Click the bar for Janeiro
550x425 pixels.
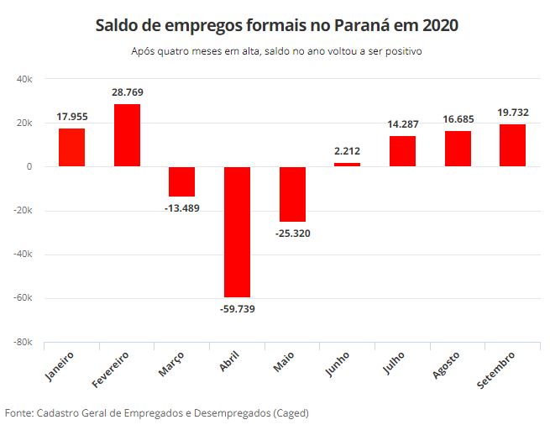[71, 147]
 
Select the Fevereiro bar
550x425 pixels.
[127, 135]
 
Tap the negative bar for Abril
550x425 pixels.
[237, 232]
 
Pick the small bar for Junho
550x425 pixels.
[347, 165]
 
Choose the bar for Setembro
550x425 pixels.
[512, 145]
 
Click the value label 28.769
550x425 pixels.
[127, 92]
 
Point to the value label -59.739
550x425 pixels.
[237, 309]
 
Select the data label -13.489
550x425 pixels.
[182, 207]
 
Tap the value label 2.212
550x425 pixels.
[347, 151]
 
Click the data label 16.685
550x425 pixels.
[458, 119]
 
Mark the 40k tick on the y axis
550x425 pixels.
[24, 79]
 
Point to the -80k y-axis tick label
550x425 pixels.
[22, 343]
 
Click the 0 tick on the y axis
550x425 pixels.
[29, 167]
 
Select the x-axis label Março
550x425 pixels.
[171, 367]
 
